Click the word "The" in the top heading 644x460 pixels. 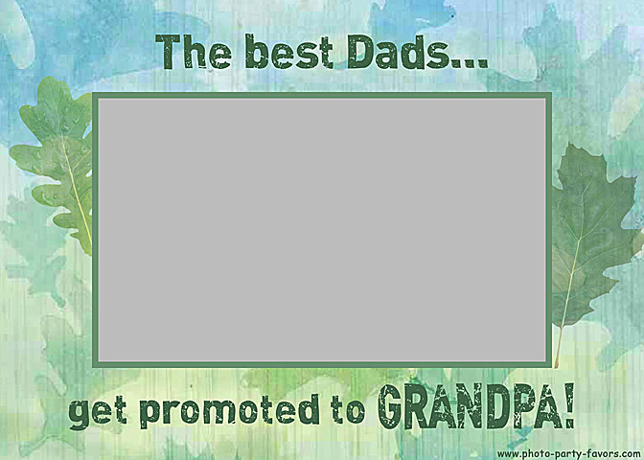click(x=193, y=52)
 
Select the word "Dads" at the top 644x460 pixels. click(x=398, y=52)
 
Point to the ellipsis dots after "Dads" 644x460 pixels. click(x=469, y=63)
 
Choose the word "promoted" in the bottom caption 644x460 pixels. click(x=229, y=411)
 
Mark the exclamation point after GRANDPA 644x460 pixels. click(x=569, y=405)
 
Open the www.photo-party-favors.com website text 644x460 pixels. click(x=568, y=454)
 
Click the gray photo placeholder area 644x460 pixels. click(x=322, y=230)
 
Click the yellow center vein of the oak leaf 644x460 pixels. click(x=78, y=193)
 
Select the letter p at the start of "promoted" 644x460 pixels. click(x=151, y=414)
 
